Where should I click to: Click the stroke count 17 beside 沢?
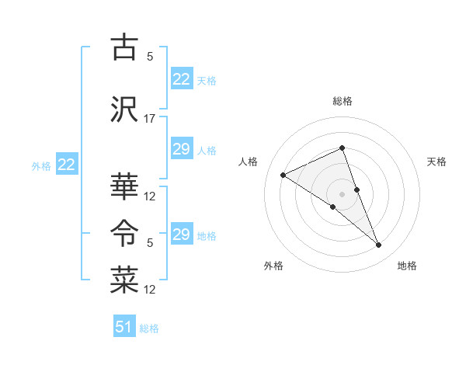coord(150,119)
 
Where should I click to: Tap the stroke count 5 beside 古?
coord(150,57)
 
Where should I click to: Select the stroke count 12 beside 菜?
coord(150,290)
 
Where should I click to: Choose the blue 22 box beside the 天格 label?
coord(182,79)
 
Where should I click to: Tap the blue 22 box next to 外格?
coord(67,165)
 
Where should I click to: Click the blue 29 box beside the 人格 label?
coord(182,149)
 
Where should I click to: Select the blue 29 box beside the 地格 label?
coord(182,235)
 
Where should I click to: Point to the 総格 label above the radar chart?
coord(343,101)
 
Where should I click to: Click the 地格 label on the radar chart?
coord(407,266)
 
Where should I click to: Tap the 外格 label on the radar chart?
coord(273,266)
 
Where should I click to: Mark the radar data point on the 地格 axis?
coord(379,245)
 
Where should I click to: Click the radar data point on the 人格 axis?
coord(283,175)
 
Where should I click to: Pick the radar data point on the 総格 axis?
coord(342,148)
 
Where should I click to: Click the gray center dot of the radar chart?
coord(342,194)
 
